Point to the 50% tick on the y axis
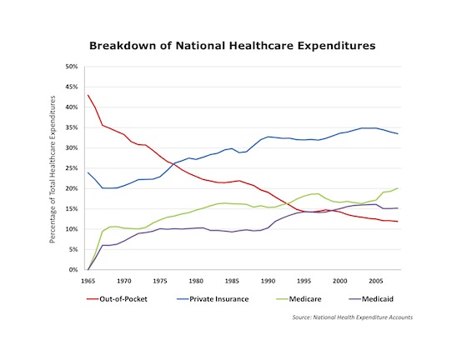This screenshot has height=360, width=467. point(72,67)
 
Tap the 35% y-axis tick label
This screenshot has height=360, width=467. point(72,127)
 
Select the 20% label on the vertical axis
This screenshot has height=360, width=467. point(72,188)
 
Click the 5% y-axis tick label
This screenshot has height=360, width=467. point(73,250)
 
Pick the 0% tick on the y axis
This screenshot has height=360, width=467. point(73,270)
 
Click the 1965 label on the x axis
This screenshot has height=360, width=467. point(88,281)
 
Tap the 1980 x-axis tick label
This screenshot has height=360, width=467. point(196,281)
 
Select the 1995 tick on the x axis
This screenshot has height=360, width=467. point(304,281)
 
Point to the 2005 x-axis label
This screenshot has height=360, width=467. point(376,281)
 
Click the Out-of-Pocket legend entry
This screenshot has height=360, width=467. point(117,299)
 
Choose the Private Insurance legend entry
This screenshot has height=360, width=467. point(213,299)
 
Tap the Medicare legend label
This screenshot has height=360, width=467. point(299,299)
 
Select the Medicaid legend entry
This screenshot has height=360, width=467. point(371,299)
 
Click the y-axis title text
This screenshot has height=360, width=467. point(53,169)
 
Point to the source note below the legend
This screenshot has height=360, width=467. point(352,317)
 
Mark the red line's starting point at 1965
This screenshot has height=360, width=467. point(88,95)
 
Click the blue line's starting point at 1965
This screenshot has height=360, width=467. point(88,172)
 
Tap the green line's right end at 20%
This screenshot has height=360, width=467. point(398,188)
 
